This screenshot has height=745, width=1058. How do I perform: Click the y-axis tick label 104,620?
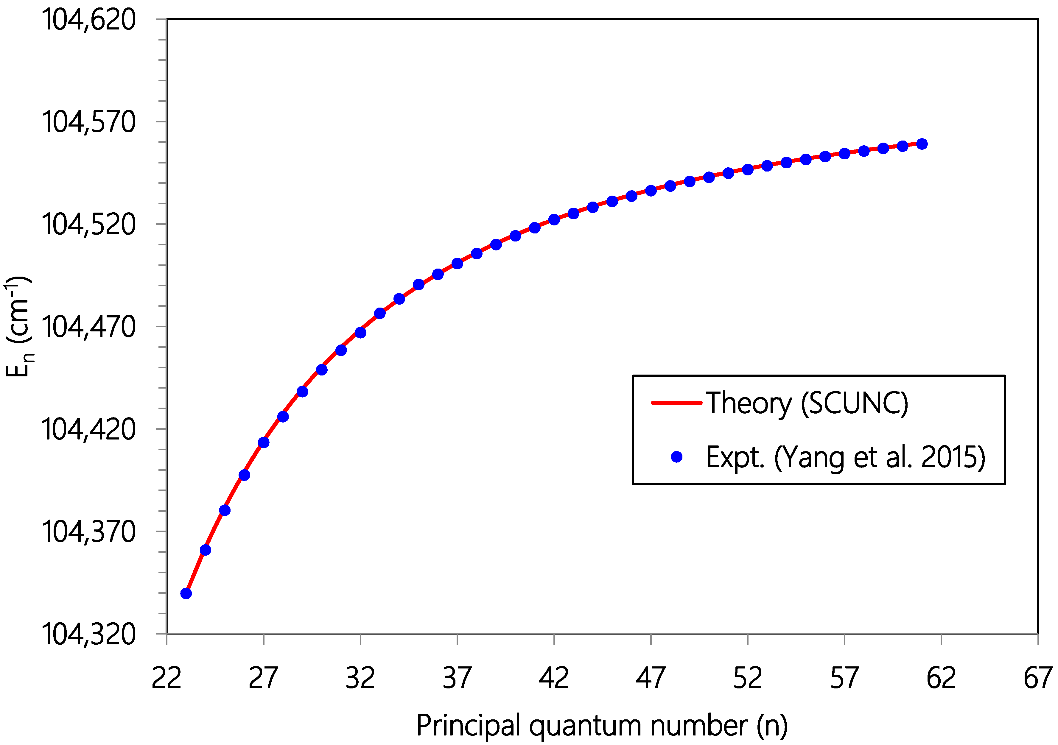tap(88, 20)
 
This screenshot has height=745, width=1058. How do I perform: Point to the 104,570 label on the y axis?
tap(88, 123)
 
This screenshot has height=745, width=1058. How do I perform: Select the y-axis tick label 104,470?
tap(88, 327)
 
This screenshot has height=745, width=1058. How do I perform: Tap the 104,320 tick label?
tap(88, 635)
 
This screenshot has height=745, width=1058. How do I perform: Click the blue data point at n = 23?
tap(186, 593)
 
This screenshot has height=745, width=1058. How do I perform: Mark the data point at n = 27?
tap(264, 442)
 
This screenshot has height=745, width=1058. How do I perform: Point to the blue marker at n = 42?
tap(554, 219)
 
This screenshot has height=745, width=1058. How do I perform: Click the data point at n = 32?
tap(360, 332)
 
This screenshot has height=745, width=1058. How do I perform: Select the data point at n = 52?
tap(747, 169)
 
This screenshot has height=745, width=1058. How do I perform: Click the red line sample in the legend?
tap(676, 402)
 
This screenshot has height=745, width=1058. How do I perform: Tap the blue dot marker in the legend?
tap(676, 456)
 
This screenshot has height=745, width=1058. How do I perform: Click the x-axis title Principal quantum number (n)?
tap(602, 726)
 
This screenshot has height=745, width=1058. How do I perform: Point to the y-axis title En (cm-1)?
tap(18, 326)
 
